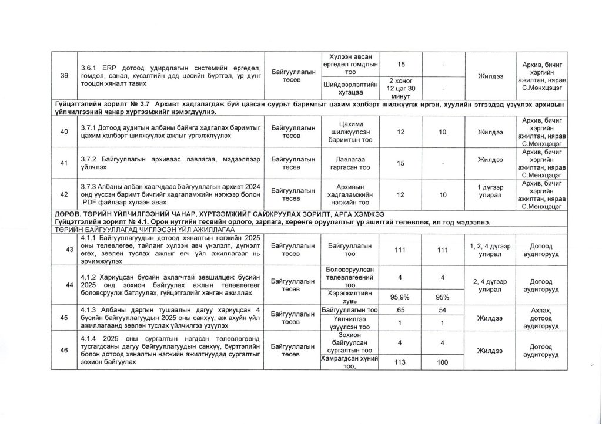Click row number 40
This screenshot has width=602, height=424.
pyautogui.click(x=63, y=131)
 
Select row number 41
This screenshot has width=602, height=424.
pyautogui.click(x=63, y=163)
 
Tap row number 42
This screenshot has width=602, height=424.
pyautogui.click(x=63, y=194)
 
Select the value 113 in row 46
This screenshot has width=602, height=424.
pyautogui.click(x=400, y=362)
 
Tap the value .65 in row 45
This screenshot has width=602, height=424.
pyautogui.click(x=400, y=309)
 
